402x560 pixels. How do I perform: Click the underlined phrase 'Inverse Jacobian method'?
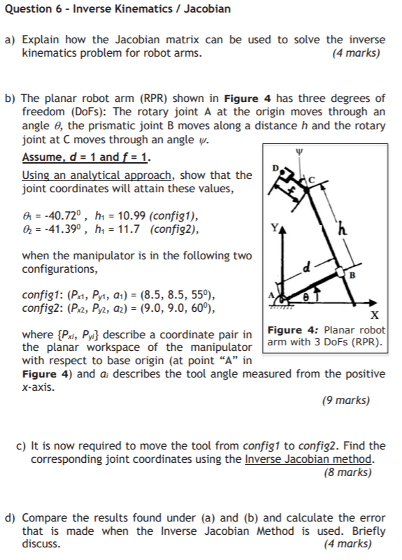309,459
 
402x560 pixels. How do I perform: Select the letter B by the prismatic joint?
352,275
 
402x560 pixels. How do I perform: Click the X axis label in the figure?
375,315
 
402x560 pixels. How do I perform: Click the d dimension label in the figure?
305,266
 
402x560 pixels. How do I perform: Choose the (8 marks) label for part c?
347,472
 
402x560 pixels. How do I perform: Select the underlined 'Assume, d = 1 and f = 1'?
85,157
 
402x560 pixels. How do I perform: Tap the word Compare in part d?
45,518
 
